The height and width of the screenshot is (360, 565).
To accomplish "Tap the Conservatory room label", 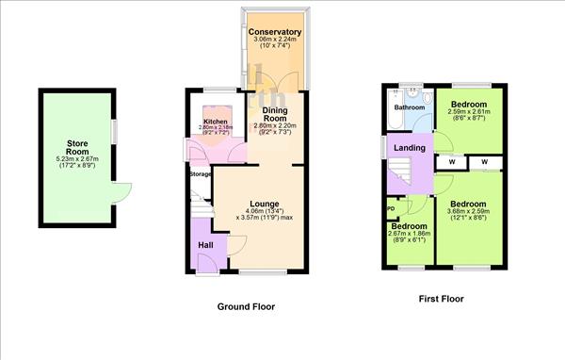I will tap(275, 33).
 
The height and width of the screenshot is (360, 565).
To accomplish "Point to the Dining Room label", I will tap(274, 112).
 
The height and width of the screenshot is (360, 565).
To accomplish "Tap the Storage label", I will tap(200, 174).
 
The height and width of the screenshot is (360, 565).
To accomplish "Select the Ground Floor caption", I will tap(246, 306).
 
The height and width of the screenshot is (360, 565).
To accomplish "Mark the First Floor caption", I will tap(441, 299).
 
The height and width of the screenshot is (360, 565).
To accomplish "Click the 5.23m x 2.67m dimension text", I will tap(77, 159).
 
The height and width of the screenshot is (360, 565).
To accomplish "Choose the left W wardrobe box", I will tap(452, 161).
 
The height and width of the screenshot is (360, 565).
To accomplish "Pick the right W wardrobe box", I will tap(486, 161).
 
